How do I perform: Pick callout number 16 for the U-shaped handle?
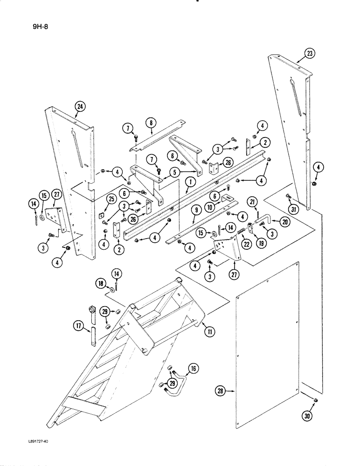[192, 370]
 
